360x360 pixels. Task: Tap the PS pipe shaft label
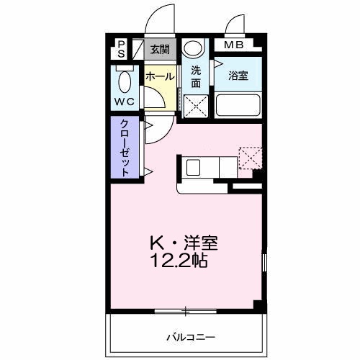tap(121, 49)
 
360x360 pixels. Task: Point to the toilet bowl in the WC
tap(123, 81)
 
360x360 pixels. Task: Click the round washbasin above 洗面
tap(193, 49)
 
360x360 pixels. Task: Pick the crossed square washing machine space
tap(193, 106)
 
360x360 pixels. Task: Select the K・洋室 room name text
tap(183, 243)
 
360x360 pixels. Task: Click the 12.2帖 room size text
tap(179, 261)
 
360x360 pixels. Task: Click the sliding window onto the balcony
tap(185, 310)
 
